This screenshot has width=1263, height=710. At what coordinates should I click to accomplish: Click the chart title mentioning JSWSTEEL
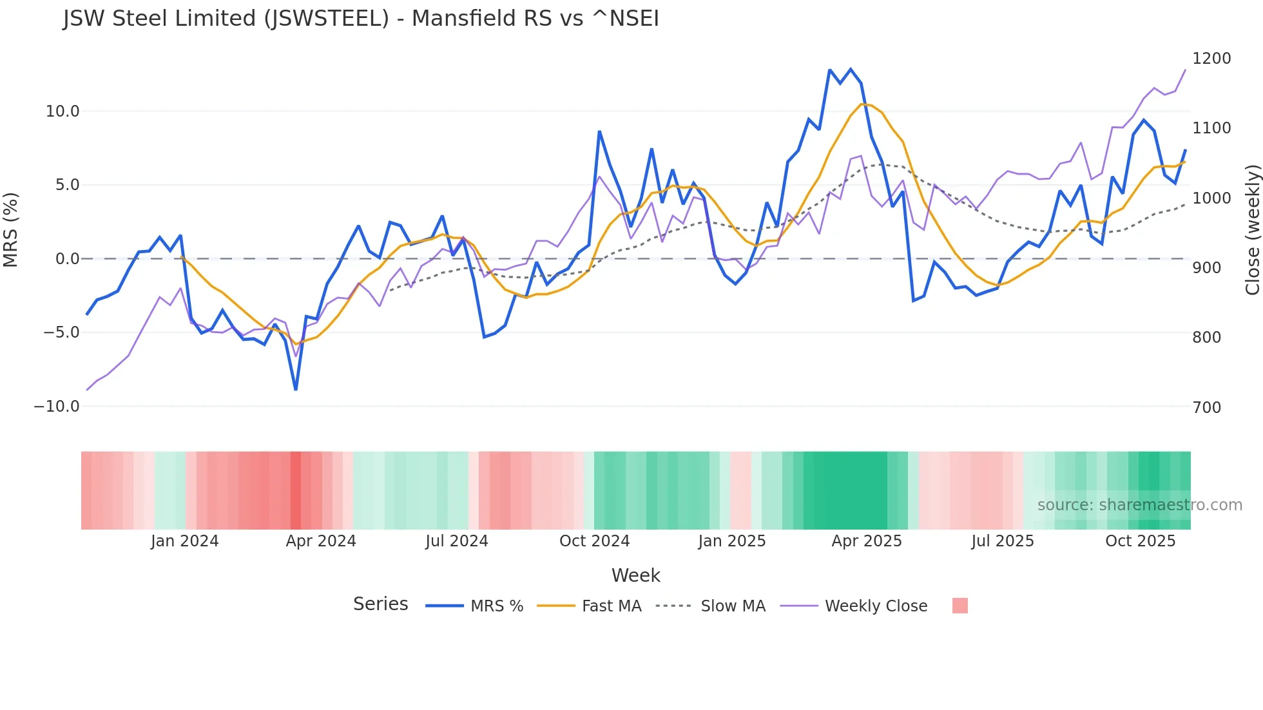pyautogui.click(x=361, y=19)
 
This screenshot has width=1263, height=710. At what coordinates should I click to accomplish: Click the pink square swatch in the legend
pyautogui.click(x=959, y=606)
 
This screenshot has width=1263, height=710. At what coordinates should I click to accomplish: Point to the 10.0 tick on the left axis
pyautogui.click(x=63, y=111)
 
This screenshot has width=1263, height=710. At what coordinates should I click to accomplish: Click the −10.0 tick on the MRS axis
pyautogui.click(x=57, y=407)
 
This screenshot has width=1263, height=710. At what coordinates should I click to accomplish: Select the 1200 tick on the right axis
pyautogui.click(x=1211, y=59)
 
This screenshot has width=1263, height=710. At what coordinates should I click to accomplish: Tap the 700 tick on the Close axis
pyautogui.click(x=1206, y=407)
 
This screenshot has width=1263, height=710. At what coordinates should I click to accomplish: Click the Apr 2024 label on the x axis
pyautogui.click(x=321, y=541)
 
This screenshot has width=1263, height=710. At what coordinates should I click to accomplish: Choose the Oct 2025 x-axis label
pyautogui.click(x=1140, y=541)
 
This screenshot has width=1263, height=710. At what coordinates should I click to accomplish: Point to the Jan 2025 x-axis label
pyautogui.click(x=731, y=541)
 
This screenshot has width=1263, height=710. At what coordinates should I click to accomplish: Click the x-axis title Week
pyautogui.click(x=635, y=575)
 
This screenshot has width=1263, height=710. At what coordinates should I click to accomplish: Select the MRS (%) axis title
pyautogui.click(x=11, y=229)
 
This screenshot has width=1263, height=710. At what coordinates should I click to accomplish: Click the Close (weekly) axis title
pyautogui.click(x=1252, y=229)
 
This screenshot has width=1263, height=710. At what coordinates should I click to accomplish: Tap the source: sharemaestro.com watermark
pyautogui.click(x=1139, y=505)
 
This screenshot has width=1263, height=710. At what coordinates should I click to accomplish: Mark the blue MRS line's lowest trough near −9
pyautogui.click(x=296, y=389)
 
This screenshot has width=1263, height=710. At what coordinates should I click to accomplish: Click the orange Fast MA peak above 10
pyautogui.click(x=862, y=104)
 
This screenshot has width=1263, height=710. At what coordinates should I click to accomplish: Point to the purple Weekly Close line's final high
pyautogui.click(x=1185, y=70)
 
